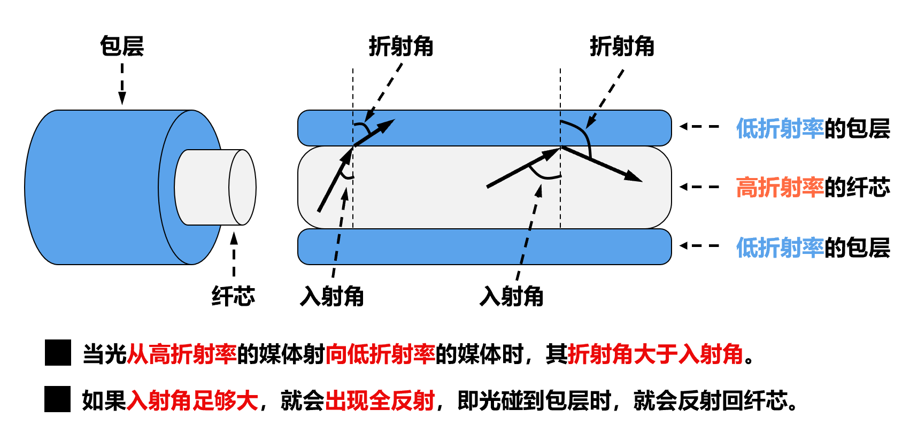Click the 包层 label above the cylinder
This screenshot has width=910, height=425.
122,46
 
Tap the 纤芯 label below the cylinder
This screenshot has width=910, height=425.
233,296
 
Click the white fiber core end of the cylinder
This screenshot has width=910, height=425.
242,187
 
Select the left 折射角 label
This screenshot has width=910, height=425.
400,47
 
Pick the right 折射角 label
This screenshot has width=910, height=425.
622,47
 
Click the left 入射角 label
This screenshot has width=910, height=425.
332,296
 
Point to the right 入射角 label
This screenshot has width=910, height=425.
512,296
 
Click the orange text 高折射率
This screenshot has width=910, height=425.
780,187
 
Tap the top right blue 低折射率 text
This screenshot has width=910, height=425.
780,128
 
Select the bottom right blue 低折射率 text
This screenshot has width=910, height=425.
780,248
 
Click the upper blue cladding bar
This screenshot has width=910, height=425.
481,128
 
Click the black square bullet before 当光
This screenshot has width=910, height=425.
58,353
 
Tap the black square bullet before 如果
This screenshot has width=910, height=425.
58,399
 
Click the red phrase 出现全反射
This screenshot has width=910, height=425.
380,400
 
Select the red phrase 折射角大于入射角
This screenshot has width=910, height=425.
655,353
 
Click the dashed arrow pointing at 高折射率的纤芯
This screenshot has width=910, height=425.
699,187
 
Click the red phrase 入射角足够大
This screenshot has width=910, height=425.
192,400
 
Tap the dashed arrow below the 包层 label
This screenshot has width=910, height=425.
122,84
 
